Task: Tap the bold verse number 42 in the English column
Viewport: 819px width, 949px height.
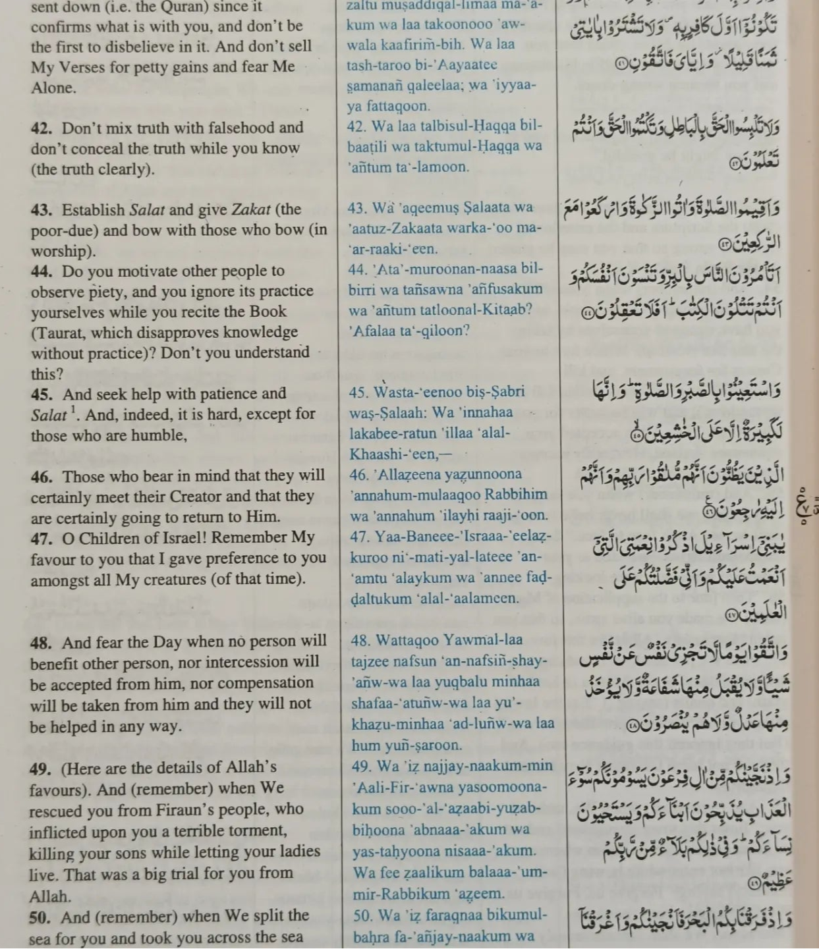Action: coord(42,128)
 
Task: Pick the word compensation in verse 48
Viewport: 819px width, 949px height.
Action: coord(269,683)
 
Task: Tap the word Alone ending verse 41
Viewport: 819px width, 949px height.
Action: coord(53,88)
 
